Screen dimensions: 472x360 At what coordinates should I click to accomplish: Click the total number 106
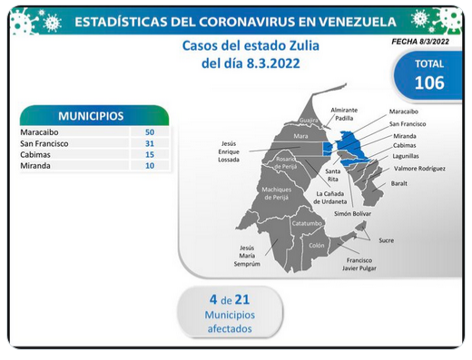point(429,83)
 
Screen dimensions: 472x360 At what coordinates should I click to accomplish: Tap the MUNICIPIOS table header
point(91,116)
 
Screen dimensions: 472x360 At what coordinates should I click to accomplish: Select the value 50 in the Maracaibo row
point(150,132)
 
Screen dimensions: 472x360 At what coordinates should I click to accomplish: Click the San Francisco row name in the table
point(44,143)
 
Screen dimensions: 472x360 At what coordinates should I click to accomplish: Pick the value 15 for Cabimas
point(150,155)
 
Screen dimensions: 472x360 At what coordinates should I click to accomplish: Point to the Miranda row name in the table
point(35,166)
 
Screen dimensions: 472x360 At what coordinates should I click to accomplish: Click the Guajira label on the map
point(309,121)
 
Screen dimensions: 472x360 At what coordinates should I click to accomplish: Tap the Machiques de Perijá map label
point(277,193)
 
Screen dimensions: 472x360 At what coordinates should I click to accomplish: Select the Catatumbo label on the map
point(307,223)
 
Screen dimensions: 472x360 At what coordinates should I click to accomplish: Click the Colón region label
point(317,246)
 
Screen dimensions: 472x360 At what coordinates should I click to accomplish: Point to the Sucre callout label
point(387,240)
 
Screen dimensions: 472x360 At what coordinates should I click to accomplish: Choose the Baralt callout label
point(398,183)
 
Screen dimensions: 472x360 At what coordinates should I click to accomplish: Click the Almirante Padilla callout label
point(344,114)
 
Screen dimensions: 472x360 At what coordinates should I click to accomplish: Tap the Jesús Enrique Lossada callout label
point(229,151)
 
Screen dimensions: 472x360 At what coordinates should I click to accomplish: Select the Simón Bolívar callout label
point(352,214)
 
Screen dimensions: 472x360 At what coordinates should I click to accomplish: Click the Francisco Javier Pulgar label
point(359,264)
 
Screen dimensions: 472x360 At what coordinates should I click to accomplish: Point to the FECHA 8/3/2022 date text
point(420,42)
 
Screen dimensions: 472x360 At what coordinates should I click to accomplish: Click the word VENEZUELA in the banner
point(358,22)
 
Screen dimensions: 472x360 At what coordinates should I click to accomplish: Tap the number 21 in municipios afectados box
point(242,299)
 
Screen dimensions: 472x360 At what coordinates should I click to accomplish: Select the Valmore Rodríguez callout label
point(419,169)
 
